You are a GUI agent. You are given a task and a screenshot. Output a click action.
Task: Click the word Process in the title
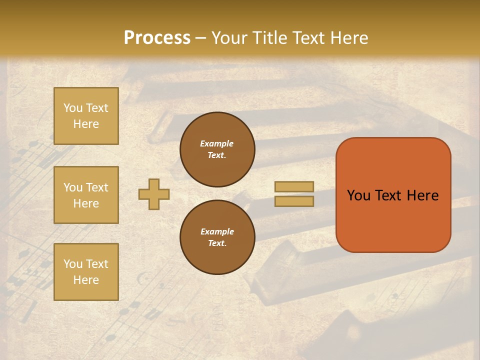click(157, 38)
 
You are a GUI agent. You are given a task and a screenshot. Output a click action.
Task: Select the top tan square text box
click(86, 116)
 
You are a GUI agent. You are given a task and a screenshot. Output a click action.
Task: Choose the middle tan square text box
click(86, 195)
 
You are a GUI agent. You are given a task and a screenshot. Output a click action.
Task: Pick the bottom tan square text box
click(86, 272)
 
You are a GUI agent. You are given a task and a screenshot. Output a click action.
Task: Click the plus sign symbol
click(154, 194)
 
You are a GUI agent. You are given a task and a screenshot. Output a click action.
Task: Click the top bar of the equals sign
click(294, 186)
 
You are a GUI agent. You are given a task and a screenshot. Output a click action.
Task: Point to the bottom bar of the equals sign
click(294, 201)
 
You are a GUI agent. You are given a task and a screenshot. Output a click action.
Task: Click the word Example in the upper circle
click(217, 143)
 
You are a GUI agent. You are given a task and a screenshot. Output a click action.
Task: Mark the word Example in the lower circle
click(217, 231)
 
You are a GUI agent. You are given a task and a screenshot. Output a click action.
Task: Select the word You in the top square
click(72, 108)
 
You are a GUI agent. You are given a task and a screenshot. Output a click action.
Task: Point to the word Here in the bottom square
click(86, 280)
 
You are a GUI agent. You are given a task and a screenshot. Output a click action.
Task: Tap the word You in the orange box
click(358, 195)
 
